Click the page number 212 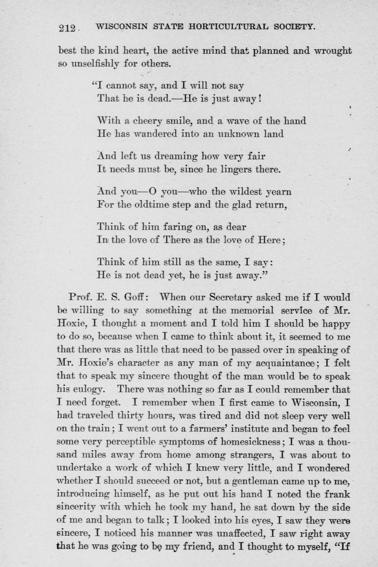pyautogui.click(x=67, y=28)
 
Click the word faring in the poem pyautogui.click(x=169, y=227)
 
